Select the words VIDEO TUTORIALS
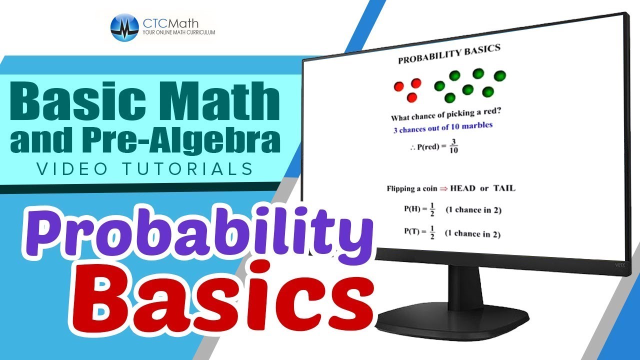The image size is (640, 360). [x=145, y=169]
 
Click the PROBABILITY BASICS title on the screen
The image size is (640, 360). [x=448, y=54]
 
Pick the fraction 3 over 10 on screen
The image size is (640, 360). [x=453, y=145]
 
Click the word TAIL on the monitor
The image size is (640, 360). [x=504, y=188]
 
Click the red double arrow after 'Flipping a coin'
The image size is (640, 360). [x=442, y=189]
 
